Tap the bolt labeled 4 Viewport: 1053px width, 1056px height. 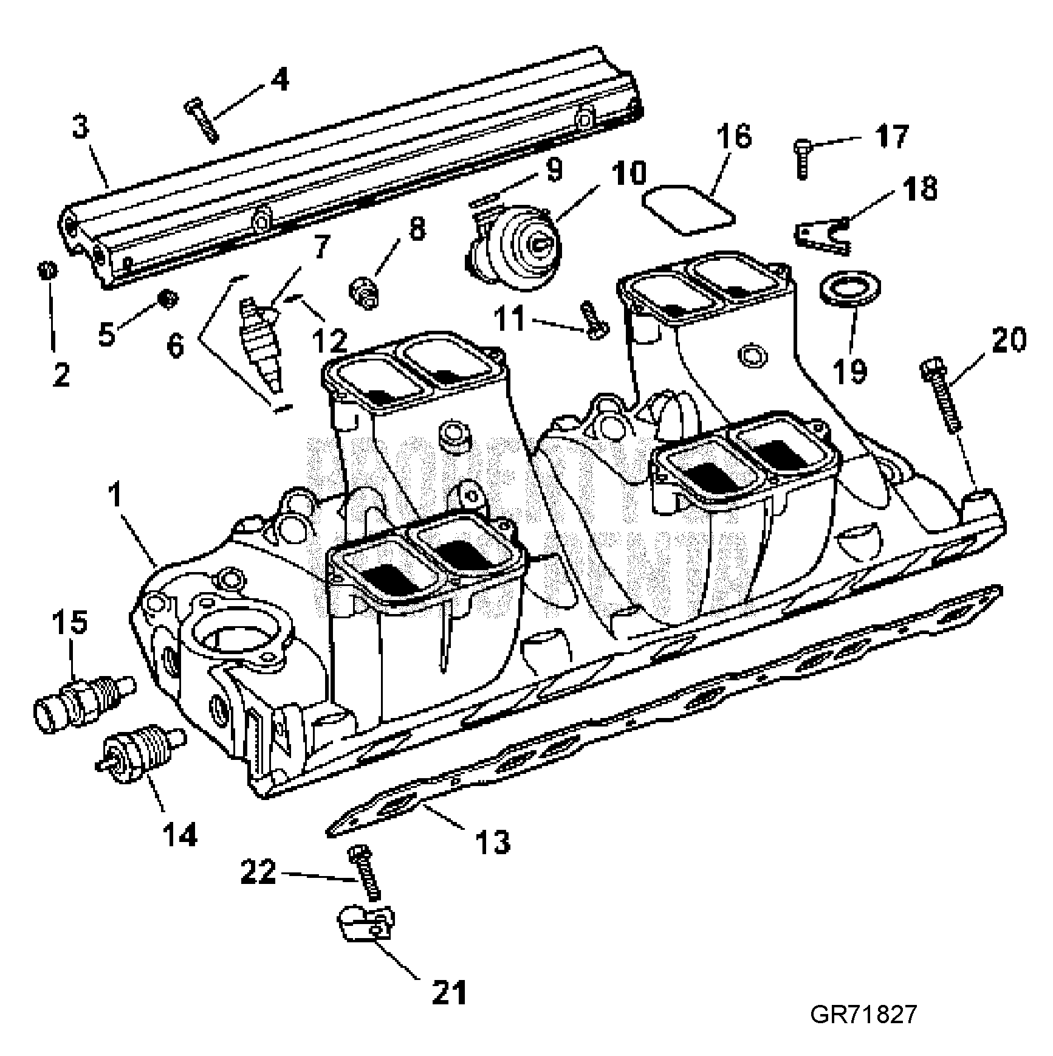(x=202, y=120)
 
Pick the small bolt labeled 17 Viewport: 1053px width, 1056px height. (x=802, y=157)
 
